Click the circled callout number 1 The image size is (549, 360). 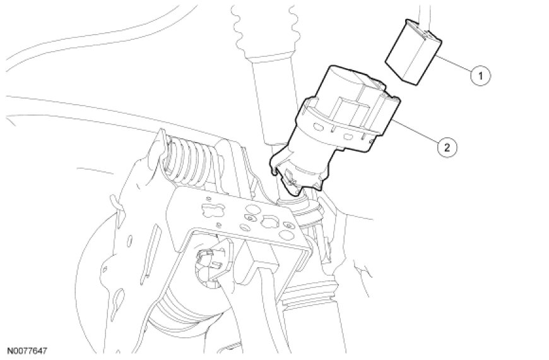pos(480,76)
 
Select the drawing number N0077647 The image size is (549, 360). pos(27,351)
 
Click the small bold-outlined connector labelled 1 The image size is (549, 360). pos(413,52)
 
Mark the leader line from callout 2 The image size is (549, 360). pos(417,131)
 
